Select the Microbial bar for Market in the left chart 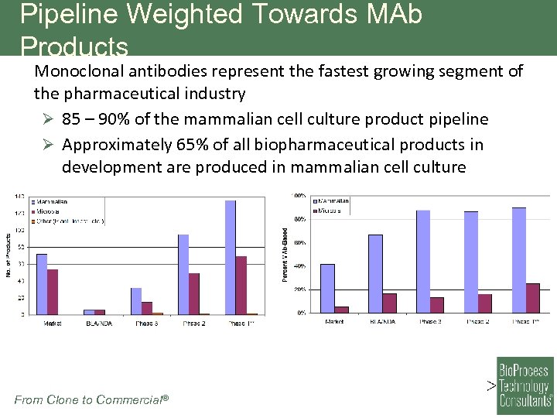point(53,292)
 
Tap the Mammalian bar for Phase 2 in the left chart point(183,274)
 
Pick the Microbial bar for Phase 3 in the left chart point(147,308)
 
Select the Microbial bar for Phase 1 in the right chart point(533,298)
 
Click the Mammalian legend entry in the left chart point(51,202)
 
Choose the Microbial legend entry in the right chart point(331,211)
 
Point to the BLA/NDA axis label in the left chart point(99,324)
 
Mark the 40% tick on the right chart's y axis point(298,266)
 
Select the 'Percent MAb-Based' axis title point(285,254)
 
